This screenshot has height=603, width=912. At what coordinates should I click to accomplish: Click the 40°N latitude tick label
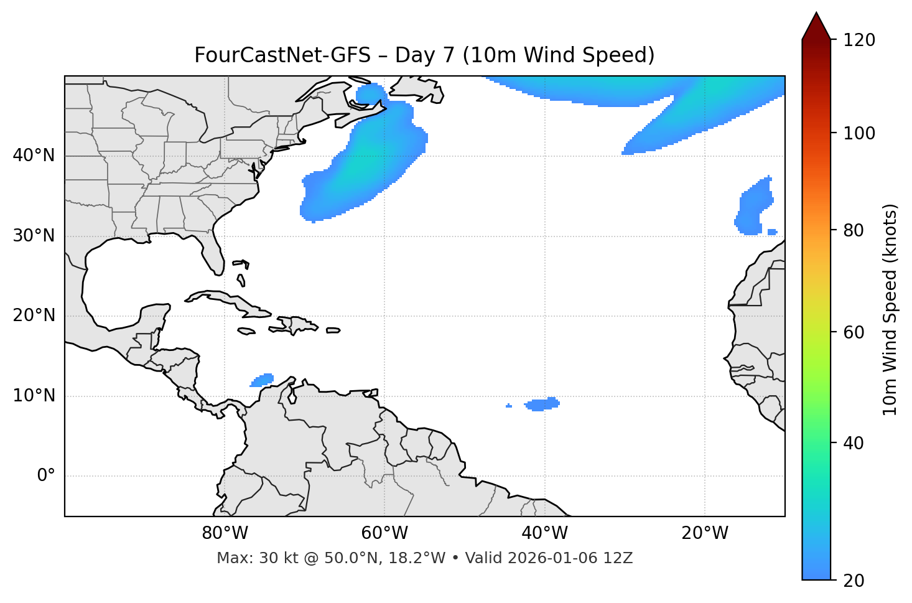click(34, 156)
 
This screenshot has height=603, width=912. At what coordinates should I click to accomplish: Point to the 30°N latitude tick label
click(34, 236)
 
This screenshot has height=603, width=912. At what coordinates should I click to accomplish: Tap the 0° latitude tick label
click(46, 476)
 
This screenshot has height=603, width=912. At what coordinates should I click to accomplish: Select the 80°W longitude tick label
click(225, 533)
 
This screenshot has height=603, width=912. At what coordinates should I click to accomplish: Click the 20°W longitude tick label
click(705, 533)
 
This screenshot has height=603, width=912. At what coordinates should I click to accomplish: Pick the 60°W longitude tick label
click(384, 533)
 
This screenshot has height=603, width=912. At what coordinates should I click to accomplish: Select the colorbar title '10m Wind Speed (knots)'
click(890, 309)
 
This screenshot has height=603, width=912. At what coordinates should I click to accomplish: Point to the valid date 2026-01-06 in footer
click(554, 558)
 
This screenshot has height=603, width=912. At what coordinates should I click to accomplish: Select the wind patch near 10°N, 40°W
click(542, 404)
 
